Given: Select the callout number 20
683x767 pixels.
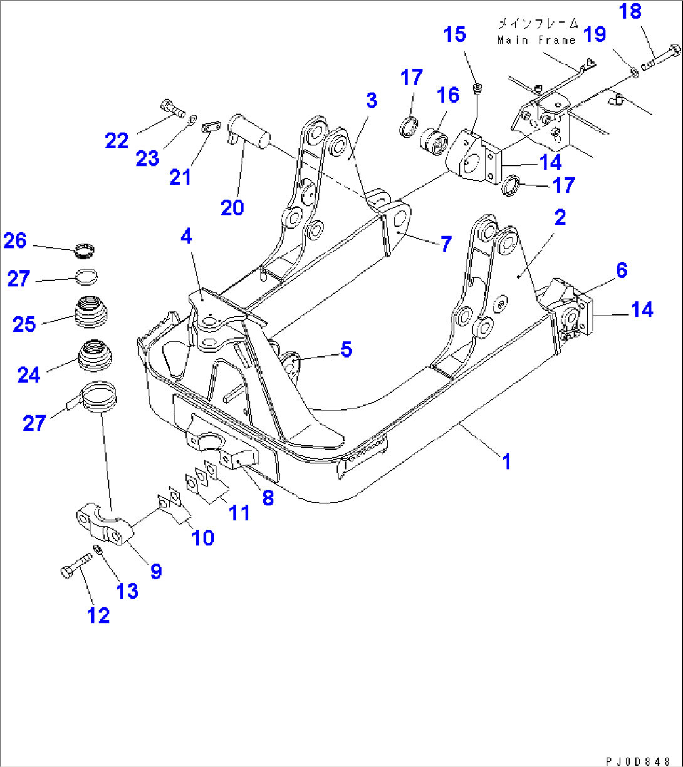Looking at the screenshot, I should tap(232, 207).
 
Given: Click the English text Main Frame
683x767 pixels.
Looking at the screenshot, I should tap(536, 40).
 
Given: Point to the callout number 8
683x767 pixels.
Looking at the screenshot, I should tap(268, 498).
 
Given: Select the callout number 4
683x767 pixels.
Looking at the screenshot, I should tap(187, 237).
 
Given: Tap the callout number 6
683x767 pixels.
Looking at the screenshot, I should tap(621, 270).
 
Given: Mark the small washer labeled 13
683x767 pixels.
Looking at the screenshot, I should tap(98, 550).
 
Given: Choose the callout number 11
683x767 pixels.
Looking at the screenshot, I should tap(239, 513).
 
